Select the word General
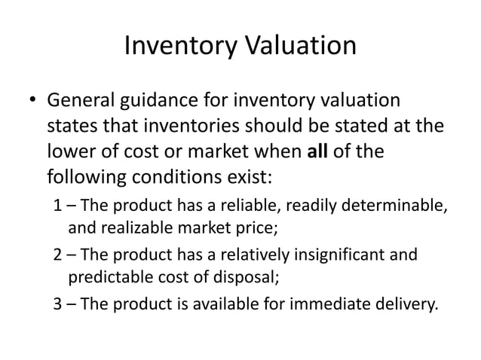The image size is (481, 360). click(79, 101)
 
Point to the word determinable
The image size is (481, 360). click(398, 207)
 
